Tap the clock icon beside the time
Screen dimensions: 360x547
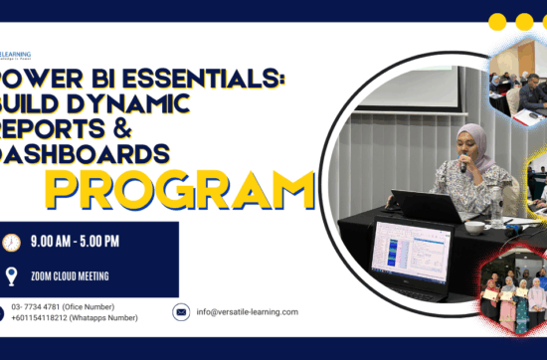click(x=12, y=243)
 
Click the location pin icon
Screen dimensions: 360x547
click(x=12, y=276)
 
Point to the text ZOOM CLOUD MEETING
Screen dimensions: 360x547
click(x=72, y=276)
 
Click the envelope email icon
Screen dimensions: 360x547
click(x=181, y=312)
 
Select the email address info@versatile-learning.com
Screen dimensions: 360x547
click(x=247, y=312)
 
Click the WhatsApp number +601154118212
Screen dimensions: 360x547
click(x=41, y=319)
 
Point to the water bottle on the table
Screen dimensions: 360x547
click(x=496, y=209)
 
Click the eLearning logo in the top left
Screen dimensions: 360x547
click(x=16, y=56)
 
